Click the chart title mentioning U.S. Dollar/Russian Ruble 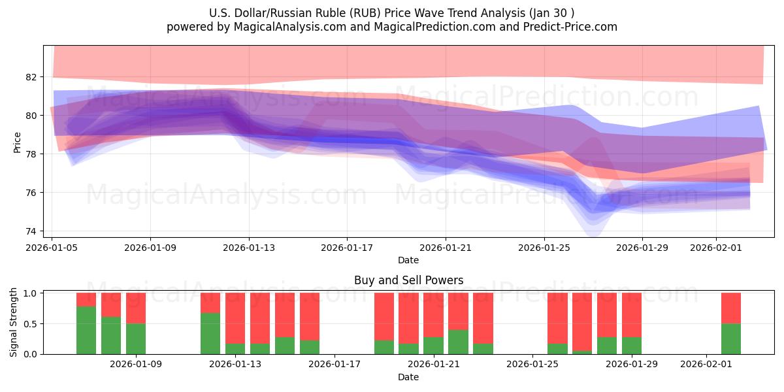[x=392, y=13]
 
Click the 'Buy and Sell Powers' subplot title [x=408, y=280]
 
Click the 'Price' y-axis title [x=18, y=142]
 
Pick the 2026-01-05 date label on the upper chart [x=52, y=248]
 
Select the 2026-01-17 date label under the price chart [x=347, y=248]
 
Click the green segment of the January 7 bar [x=86, y=330]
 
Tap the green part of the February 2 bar [x=731, y=338]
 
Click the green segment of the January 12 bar [x=210, y=333]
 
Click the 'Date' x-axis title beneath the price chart [x=408, y=260]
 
